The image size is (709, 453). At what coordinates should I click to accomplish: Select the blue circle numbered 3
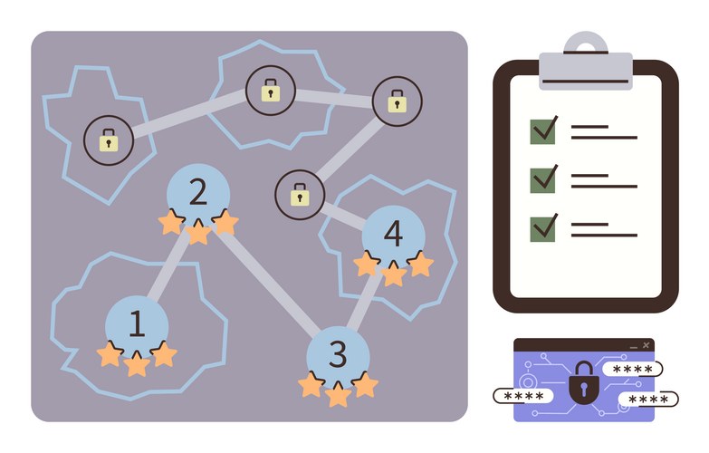pos(338,354)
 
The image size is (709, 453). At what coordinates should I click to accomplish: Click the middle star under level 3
pos(338,394)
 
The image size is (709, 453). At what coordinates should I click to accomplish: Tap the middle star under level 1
pos(137,364)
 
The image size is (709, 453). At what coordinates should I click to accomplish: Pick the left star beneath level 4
pos(367,265)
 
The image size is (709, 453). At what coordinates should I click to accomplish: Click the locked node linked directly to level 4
pos(300,195)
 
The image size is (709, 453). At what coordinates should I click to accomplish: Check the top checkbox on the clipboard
pos(543,130)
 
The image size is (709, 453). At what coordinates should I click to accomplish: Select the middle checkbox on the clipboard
pos(543,178)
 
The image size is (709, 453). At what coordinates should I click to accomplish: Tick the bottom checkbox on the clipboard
pos(543,226)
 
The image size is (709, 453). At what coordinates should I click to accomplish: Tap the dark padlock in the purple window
pos(584,384)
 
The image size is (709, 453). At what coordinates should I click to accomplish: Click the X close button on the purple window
pos(646,345)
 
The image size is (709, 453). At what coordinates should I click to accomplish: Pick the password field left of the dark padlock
pos(524,397)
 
